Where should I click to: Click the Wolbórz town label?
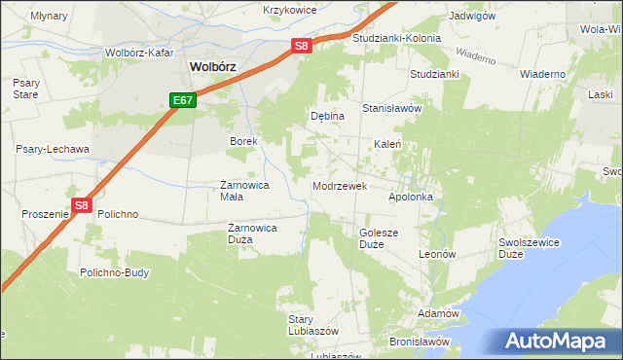[x=214, y=67]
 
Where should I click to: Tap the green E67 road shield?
[x=183, y=100]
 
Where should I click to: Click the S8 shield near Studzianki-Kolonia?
[x=302, y=46]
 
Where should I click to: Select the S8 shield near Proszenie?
[x=82, y=206]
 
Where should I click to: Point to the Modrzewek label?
[x=338, y=186]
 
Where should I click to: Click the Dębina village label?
[x=327, y=116]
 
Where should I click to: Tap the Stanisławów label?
[x=391, y=109]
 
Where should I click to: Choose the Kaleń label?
[x=388, y=144]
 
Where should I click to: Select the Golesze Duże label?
[x=379, y=238]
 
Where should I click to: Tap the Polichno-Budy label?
[x=115, y=273]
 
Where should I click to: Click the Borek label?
[x=242, y=142]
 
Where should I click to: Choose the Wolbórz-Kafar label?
[x=138, y=52]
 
